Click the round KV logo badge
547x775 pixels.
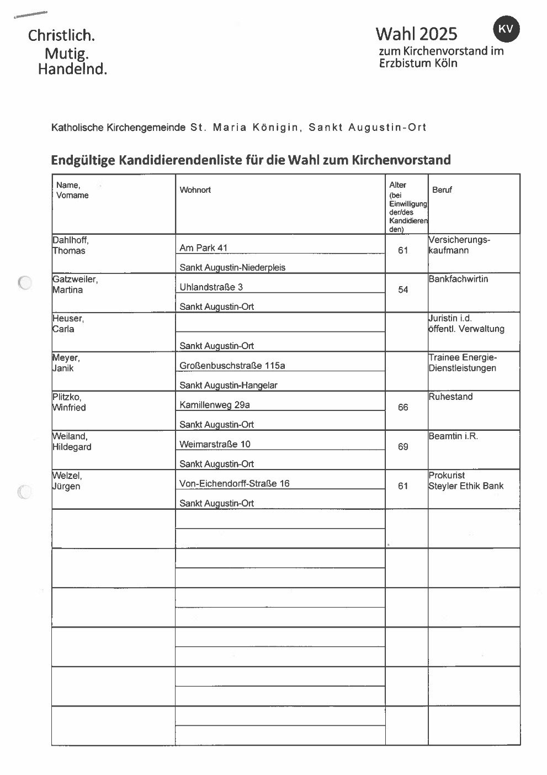[x=506, y=29]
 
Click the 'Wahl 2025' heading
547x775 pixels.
[x=416, y=34]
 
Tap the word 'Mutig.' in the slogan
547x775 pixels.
[x=66, y=54]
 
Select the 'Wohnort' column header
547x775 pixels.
[x=195, y=190]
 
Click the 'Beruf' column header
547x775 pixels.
[x=442, y=190]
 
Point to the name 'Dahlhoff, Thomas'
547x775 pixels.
[x=70, y=245]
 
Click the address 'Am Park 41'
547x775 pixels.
[x=203, y=248]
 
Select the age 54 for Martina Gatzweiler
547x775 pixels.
[x=403, y=290]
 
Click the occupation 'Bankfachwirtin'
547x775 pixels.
[x=458, y=279]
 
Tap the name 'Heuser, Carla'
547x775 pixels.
[x=67, y=324]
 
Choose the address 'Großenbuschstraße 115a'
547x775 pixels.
[x=232, y=366]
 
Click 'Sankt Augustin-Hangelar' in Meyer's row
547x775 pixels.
[x=228, y=386]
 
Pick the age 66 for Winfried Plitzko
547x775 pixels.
[x=403, y=408]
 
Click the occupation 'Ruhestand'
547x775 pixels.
[x=450, y=397]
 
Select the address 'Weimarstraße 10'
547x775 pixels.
[x=215, y=444]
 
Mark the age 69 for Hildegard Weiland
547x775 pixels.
[x=403, y=447]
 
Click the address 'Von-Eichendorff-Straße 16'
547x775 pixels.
[x=234, y=483]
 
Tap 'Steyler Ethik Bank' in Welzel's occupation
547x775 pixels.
[x=466, y=486]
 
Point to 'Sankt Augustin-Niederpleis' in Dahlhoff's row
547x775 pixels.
[x=232, y=268]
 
